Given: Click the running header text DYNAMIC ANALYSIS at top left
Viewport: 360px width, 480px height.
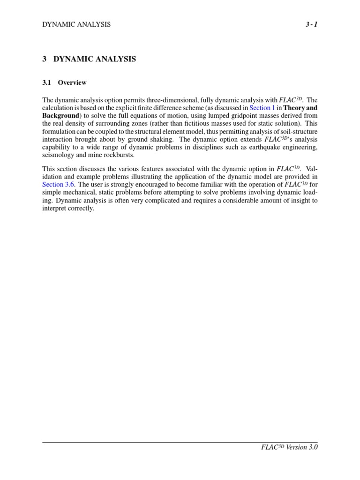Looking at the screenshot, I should (x=76, y=24).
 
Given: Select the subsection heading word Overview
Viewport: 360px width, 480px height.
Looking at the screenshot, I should (x=72, y=82).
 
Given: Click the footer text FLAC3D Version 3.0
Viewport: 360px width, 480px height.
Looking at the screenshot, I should (x=289, y=447).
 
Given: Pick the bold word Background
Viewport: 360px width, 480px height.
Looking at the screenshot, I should (x=60, y=115).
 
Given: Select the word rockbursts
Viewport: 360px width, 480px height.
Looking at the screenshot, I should (x=119, y=155).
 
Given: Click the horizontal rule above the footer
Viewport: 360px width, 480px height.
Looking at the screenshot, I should (x=180, y=442).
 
